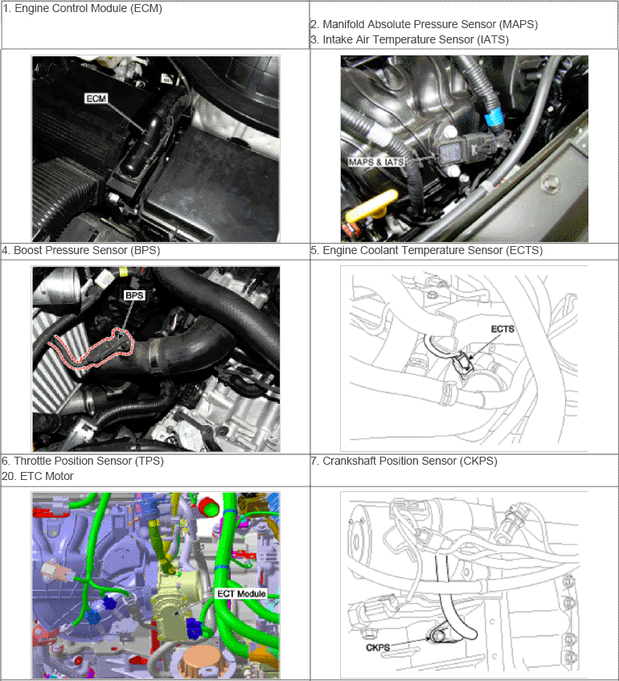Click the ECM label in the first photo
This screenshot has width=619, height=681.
(x=96, y=99)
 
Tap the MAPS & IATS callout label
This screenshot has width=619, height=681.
(x=376, y=162)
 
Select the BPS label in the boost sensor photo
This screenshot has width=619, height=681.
(x=133, y=295)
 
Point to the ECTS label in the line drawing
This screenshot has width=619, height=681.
(x=502, y=329)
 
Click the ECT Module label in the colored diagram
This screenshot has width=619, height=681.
(x=241, y=593)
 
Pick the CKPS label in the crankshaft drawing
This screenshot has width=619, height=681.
(x=378, y=647)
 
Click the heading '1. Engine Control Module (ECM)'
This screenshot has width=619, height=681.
(x=82, y=8)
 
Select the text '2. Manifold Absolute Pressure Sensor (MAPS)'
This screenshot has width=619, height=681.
(x=424, y=24)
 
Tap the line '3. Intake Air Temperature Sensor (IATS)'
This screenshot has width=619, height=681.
(x=410, y=39)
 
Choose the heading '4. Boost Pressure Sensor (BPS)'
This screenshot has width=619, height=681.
(x=81, y=250)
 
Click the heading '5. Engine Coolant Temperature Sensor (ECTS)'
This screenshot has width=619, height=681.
(x=427, y=250)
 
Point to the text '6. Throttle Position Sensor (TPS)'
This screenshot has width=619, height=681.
(x=83, y=461)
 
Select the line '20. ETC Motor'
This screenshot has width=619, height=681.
(x=38, y=477)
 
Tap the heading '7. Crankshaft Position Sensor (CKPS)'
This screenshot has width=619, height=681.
(x=404, y=461)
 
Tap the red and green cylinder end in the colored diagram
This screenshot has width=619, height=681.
(x=208, y=507)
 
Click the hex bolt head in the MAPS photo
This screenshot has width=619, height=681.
(x=551, y=181)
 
